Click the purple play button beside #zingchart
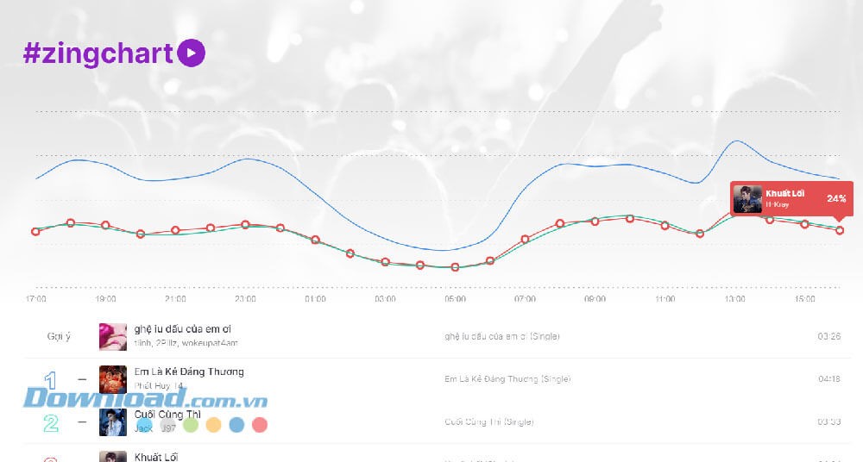[x=191, y=53]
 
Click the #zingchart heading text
[x=98, y=53]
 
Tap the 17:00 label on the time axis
[x=36, y=299]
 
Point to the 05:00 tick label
[x=455, y=299]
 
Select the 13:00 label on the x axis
[x=734, y=299]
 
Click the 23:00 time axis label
[x=245, y=299]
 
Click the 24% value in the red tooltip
[x=835, y=198]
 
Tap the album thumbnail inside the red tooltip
[x=747, y=199]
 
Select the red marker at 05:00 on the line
[x=455, y=267]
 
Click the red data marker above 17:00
[x=35, y=231]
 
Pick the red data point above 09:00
[x=595, y=221]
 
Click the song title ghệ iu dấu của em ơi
[x=182, y=329]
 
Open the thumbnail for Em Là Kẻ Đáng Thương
[x=112, y=379]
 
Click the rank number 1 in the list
[x=50, y=379]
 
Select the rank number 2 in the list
[x=50, y=422]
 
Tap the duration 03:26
[x=828, y=336]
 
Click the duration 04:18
[x=828, y=379]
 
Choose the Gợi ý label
[x=59, y=336]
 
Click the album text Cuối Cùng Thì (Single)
[x=488, y=422]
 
